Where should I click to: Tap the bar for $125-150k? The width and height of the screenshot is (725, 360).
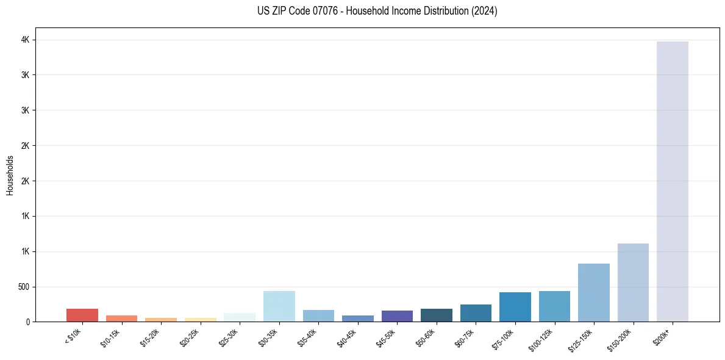[x=593, y=292]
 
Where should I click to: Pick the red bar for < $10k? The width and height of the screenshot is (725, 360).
[x=82, y=315]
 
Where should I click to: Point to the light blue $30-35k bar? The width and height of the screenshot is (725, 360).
[x=279, y=306]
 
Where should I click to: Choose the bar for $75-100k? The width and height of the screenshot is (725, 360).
[x=515, y=307]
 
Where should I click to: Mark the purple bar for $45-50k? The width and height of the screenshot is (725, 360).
[x=397, y=316]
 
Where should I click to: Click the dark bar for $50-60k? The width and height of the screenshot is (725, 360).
[x=436, y=315]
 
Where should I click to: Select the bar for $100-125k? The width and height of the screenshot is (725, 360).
[x=554, y=306]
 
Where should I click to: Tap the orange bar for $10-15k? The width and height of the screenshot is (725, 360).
[x=121, y=319]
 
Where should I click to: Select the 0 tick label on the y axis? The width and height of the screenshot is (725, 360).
[x=27, y=322]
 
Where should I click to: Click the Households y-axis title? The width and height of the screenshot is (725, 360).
[x=10, y=175]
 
